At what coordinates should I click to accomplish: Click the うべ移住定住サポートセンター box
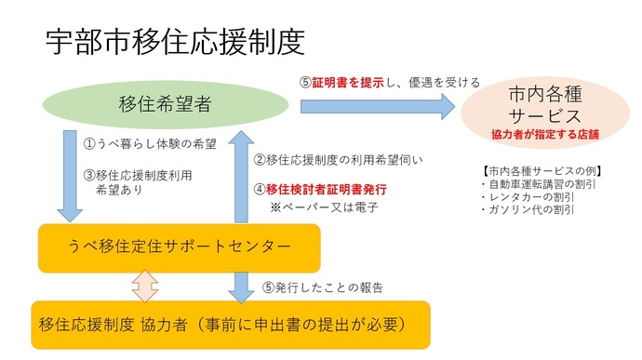tap(180, 247)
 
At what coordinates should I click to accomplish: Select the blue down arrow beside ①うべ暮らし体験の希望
tap(72, 175)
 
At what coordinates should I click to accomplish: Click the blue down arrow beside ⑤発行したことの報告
tap(241, 286)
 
